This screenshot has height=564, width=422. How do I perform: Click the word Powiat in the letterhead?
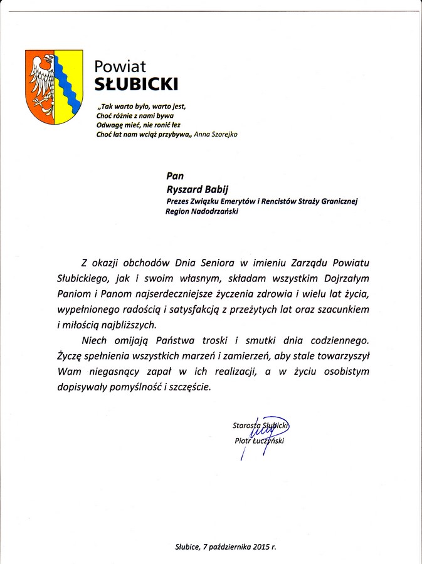(120, 65)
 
